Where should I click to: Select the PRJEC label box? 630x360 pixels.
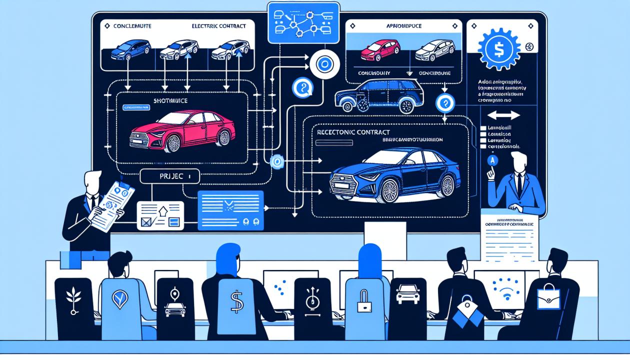(x=169, y=176)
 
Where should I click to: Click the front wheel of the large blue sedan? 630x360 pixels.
(x=389, y=190)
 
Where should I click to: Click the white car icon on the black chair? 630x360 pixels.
(x=406, y=295)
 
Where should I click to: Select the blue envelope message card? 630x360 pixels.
(x=230, y=210)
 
